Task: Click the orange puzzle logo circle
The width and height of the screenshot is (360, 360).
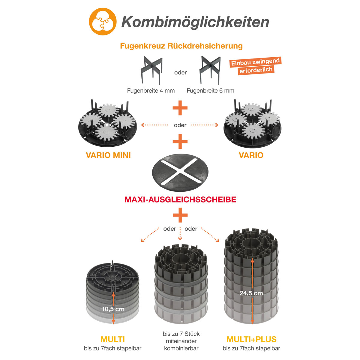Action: click(x=103, y=22)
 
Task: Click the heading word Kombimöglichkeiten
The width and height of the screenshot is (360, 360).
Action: click(x=195, y=22)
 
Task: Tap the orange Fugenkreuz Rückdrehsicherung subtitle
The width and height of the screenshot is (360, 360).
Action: click(x=181, y=46)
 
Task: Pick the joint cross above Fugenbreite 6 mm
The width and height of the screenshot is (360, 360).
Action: click(x=210, y=70)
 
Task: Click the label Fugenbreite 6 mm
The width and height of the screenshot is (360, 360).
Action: click(x=210, y=91)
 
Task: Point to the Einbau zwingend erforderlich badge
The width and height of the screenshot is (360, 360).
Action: click(x=256, y=66)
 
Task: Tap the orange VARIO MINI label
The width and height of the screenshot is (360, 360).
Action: click(x=108, y=155)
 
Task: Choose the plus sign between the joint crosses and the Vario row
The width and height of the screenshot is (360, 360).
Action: click(x=180, y=108)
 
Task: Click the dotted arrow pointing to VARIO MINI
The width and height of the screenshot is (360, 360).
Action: click(x=154, y=125)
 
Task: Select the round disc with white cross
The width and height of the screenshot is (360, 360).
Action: click(x=180, y=172)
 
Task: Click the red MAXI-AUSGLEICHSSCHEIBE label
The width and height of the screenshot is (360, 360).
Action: click(x=180, y=199)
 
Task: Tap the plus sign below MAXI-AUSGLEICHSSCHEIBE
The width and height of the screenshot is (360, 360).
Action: click(x=180, y=215)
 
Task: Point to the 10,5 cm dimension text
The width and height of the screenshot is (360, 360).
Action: click(x=113, y=309)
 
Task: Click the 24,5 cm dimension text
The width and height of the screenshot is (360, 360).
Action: click(x=251, y=293)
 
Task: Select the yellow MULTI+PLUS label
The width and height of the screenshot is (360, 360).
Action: click(x=251, y=339)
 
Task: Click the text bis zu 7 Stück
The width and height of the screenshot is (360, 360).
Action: click(x=181, y=334)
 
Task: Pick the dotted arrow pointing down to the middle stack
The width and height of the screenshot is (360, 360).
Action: click(x=180, y=234)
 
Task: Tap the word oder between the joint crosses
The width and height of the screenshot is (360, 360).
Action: click(x=180, y=73)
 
